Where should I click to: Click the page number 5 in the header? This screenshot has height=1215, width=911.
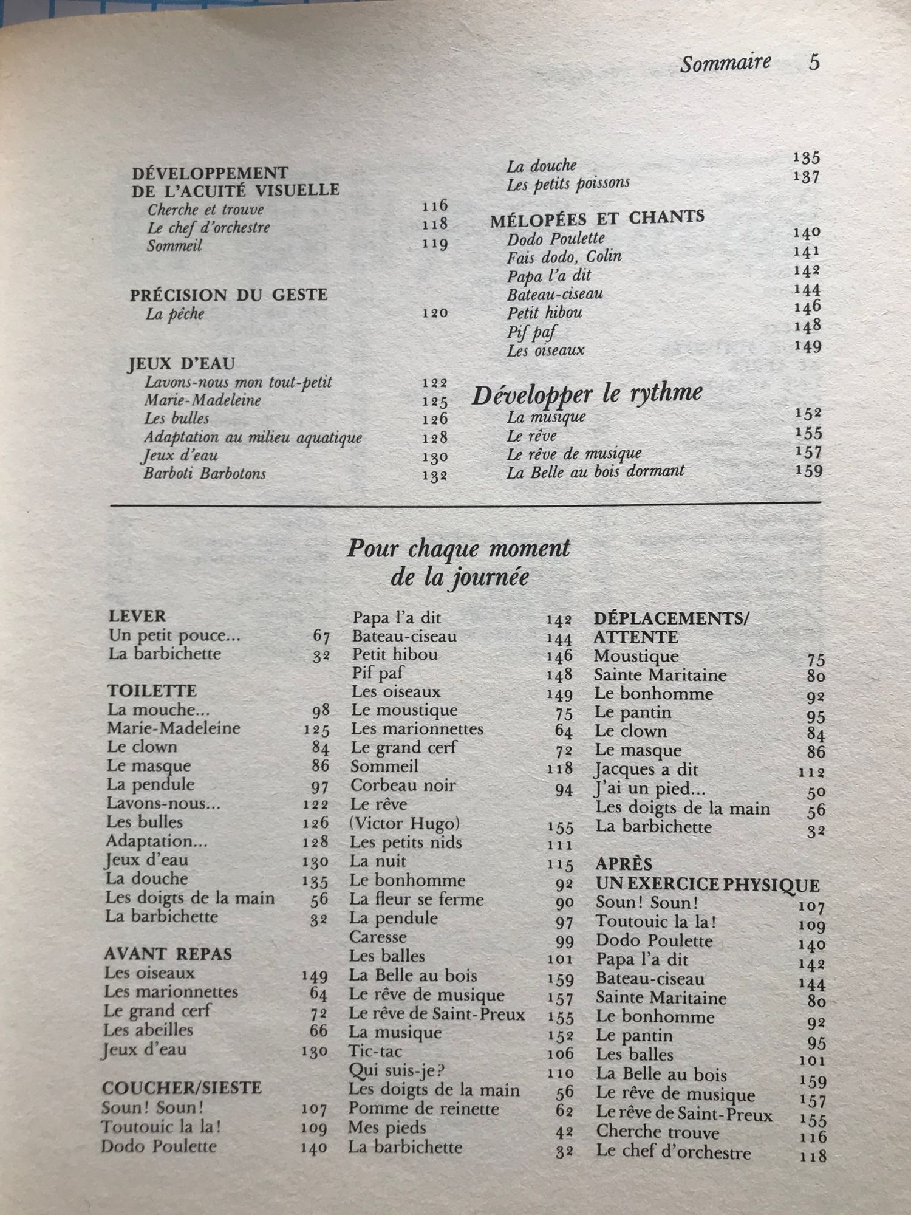coord(814,62)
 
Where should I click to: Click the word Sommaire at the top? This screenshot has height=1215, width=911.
coord(725,63)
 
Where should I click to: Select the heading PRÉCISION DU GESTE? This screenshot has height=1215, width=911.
coord(228,295)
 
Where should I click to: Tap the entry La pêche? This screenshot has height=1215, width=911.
coord(175,314)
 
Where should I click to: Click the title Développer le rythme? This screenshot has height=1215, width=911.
coord(587,394)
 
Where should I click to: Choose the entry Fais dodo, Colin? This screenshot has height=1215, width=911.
coord(564,257)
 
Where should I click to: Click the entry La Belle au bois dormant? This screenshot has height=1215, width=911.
coord(595,471)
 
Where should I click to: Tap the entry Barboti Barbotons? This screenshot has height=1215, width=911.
coord(205,473)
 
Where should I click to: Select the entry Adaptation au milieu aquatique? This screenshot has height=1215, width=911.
coord(253,437)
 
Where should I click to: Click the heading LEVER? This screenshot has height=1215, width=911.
coord(137,617)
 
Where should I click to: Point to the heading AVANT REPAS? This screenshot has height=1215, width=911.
coord(168,954)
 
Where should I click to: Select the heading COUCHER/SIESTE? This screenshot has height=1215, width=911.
coord(182,1087)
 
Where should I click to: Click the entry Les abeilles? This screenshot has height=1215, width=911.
coord(148,1030)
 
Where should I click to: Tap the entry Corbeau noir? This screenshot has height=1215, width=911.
coord(403,785)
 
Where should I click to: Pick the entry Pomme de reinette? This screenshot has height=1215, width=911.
coord(423,1109)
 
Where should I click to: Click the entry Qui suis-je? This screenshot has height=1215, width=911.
coord(392,1070)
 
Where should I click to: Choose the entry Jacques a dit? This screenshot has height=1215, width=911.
coord(646,770)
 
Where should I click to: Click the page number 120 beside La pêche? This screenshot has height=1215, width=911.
coord(435,313)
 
